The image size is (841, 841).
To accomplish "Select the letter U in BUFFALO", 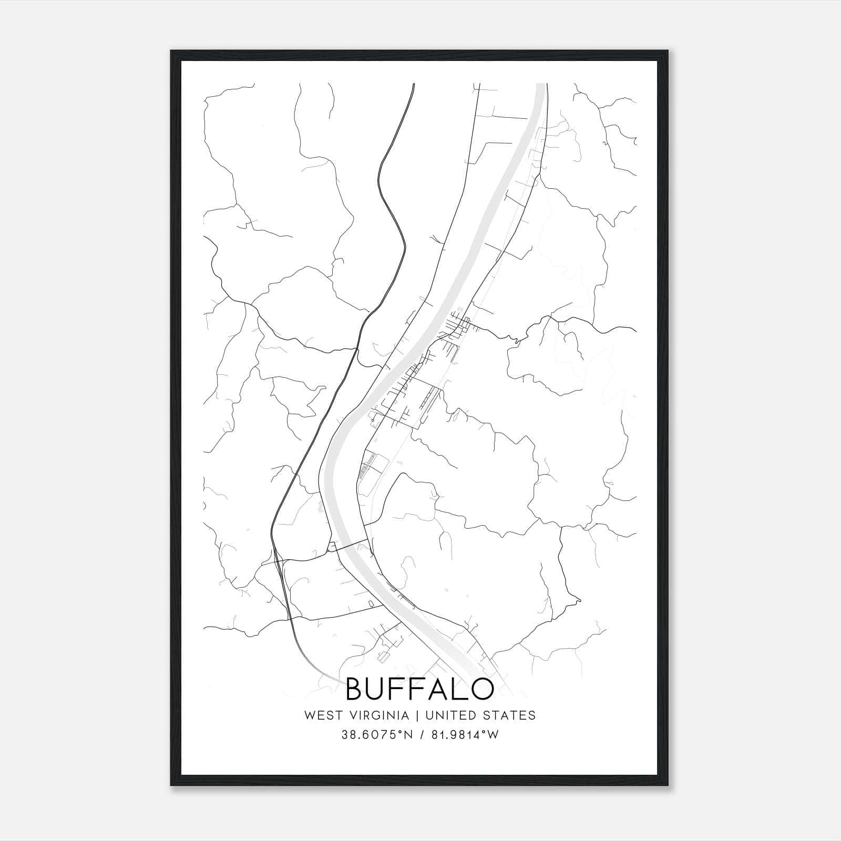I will coord(380,689).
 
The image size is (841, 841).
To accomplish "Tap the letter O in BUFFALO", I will coord(483,689).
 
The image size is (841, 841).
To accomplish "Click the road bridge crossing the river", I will coord(349,544).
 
